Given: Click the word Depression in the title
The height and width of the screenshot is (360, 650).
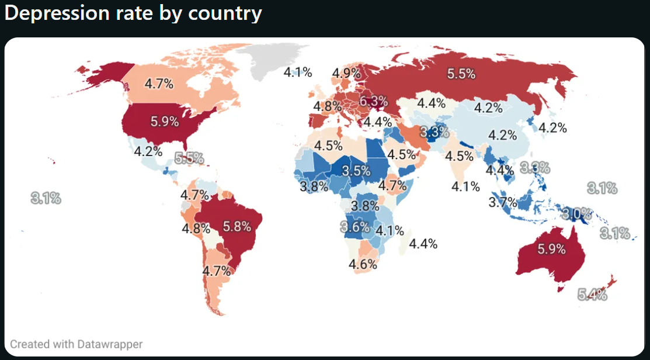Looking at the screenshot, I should point(57,13).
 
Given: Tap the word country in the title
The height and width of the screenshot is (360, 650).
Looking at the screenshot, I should point(225,13).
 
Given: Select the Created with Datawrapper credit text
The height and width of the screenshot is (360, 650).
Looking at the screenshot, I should point(76,344).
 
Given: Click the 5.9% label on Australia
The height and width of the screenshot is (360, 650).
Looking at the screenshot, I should point(551,249).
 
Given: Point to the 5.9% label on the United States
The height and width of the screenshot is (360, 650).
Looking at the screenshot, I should point(165,122).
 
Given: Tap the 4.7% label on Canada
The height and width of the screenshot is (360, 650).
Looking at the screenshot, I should point(159,84).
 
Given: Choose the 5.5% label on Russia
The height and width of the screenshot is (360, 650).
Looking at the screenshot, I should point(461,74).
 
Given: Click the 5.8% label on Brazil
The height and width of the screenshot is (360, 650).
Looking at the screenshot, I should point(237,225).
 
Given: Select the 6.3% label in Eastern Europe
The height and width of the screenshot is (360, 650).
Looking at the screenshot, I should point(373,101).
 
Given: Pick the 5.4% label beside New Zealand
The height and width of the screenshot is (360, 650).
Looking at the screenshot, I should point(592,295).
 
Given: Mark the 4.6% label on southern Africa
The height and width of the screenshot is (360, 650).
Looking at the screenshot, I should point(363,264).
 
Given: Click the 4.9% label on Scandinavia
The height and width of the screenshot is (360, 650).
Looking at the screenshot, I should point(346,74).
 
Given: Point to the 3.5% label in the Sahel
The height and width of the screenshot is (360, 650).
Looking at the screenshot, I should point(356,171).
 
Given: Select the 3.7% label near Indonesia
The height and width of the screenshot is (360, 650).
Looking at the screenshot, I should point(503,203).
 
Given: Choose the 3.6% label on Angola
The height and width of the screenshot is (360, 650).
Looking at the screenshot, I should point(355,227).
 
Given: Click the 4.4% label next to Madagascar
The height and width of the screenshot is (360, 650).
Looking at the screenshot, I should point(423,244).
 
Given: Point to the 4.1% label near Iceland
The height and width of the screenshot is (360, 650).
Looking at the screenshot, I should point(298,72).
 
